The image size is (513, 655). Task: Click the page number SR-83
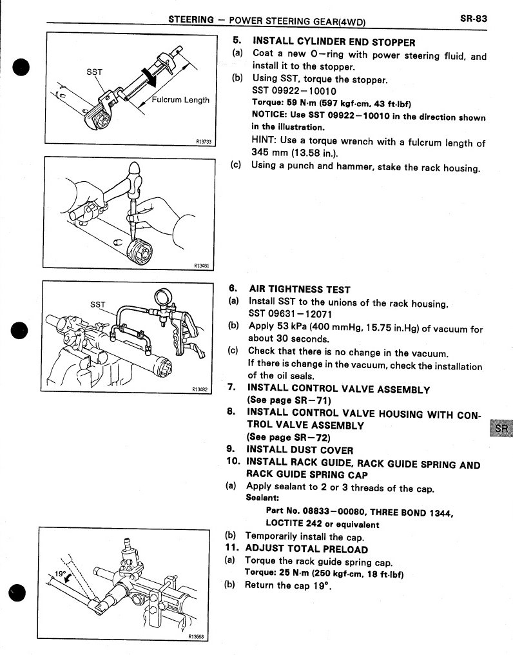(473, 19)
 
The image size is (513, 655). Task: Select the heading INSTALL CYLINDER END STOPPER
(333, 43)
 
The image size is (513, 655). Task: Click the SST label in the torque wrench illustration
(94, 72)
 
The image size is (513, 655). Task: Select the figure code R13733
(204, 141)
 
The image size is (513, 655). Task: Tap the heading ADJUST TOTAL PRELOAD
(307, 549)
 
